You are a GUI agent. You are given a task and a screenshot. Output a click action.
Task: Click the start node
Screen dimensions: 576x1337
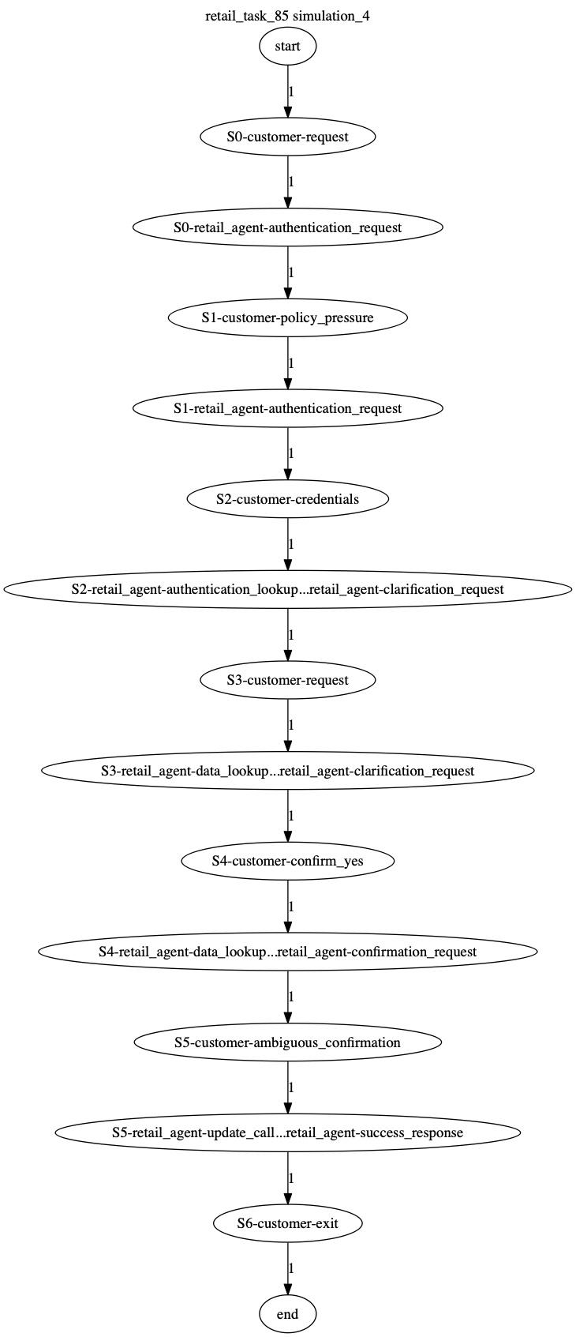pyautogui.click(x=287, y=47)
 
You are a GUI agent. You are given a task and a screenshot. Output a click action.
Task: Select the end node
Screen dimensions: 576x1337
pyautogui.click(x=287, y=1314)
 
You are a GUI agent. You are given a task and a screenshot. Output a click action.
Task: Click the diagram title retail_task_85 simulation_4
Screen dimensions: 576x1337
pyautogui.click(x=287, y=16)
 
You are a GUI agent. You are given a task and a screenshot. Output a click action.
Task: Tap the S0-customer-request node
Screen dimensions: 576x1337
pyautogui.click(x=287, y=137)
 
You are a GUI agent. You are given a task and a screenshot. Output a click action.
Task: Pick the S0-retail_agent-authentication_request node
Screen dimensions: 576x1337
pyautogui.click(x=287, y=227)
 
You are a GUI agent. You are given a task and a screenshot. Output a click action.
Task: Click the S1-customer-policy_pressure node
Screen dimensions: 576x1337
pyautogui.click(x=287, y=317)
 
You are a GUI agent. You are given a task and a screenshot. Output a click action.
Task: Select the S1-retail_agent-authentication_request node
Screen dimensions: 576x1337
pyautogui.click(x=287, y=408)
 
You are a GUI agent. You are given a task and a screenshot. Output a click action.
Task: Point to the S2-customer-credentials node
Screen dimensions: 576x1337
pyautogui.click(x=287, y=499)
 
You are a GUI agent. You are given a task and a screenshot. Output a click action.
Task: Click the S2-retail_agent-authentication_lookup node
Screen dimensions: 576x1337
pyautogui.click(x=287, y=589)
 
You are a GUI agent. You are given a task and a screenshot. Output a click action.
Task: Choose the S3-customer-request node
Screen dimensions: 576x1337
pyautogui.click(x=287, y=680)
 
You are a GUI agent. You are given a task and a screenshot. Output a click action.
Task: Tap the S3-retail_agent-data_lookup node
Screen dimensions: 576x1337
pyautogui.click(x=287, y=771)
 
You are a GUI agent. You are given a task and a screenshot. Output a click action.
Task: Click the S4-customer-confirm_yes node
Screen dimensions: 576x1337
pyautogui.click(x=287, y=861)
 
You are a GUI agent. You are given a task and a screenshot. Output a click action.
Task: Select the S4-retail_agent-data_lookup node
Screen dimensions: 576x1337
pyautogui.click(x=287, y=952)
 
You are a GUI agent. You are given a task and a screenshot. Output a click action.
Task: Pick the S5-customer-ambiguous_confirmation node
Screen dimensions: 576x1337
pyautogui.click(x=287, y=1042)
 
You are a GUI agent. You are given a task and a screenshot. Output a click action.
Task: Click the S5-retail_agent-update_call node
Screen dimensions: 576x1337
pyautogui.click(x=287, y=1132)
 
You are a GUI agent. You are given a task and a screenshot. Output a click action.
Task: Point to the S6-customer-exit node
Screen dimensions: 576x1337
pyautogui.click(x=287, y=1223)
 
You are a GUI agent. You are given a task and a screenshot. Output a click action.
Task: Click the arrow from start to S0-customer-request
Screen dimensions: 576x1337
pyautogui.click(x=287, y=92)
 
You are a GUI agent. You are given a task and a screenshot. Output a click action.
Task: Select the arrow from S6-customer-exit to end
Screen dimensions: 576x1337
pyautogui.click(x=287, y=1268)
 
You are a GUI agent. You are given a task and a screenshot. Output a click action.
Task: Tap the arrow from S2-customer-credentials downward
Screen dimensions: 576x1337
pyautogui.click(x=287, y=544)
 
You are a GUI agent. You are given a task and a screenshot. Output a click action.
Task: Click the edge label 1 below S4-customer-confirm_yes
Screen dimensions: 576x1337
pyautogui.click(x=291, y=906)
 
